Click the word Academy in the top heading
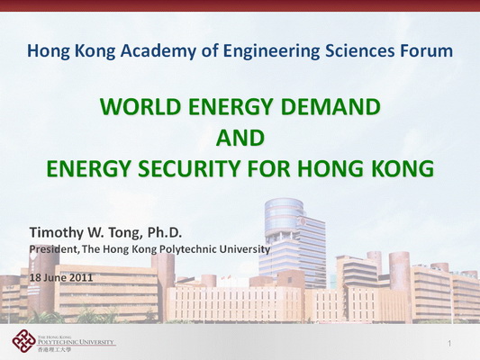tap(158, 51)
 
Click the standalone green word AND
tap(240, 138)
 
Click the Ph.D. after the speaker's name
tap(165, 232)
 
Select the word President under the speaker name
tap(54, 249)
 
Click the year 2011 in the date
tap(81, 277)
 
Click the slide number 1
tap(449, 344)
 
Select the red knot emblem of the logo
tap(24, 341)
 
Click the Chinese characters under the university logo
tap(54, 349)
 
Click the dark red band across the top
tap(240, 5)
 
